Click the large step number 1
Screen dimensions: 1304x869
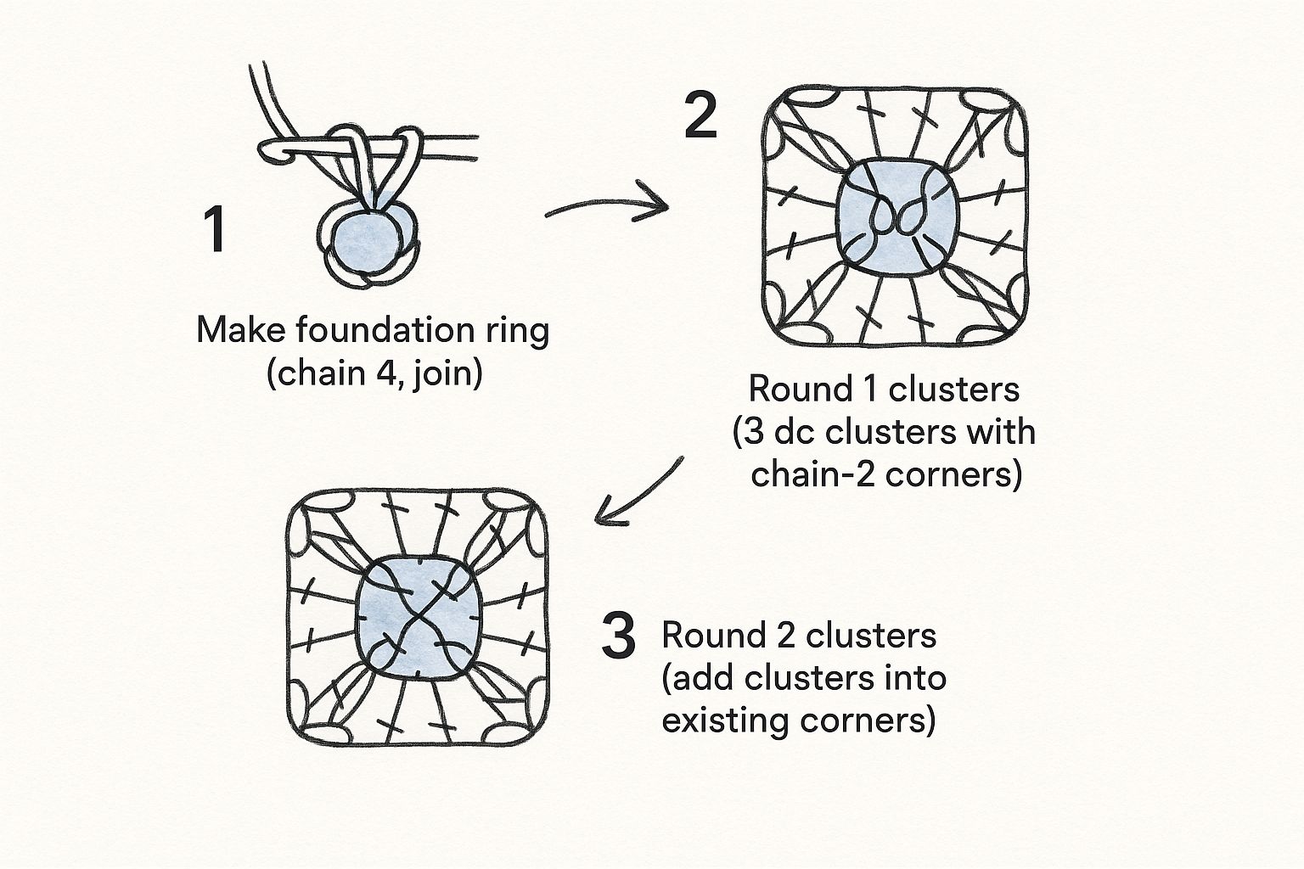tap(215, 229)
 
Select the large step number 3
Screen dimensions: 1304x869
tap(618, 636)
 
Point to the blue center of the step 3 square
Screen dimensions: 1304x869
tap(418, 618)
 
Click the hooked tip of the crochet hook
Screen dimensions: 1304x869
tap(267, 153)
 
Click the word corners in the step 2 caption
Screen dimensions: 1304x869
tap(954, 475)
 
